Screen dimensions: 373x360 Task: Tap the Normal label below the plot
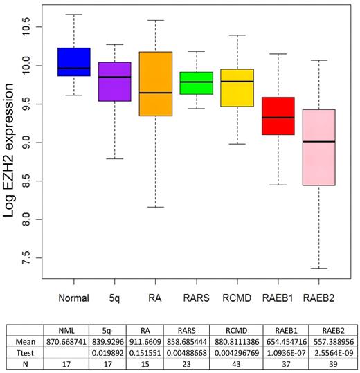click(73, 299)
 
